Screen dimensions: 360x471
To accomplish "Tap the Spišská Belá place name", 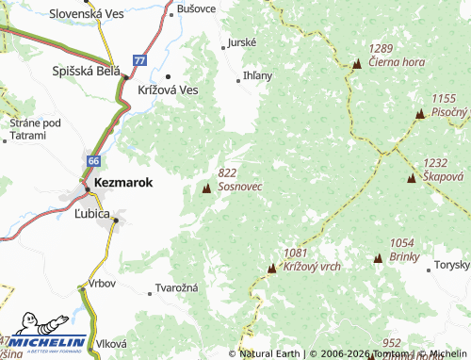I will pos(87,71).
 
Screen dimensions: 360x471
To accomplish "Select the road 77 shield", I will pos(139,59).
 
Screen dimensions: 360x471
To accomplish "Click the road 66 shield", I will pos(93,161).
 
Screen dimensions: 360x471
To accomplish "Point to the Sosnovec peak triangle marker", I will pos(206,189).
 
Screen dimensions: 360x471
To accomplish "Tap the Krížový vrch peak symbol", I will pos(272,269).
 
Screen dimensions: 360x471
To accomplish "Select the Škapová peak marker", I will pos(412,178).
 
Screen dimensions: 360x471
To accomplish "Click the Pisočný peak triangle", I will pos(420,114).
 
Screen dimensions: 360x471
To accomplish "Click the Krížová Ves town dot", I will pos(168,76).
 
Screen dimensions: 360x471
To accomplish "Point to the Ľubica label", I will pos(92,215).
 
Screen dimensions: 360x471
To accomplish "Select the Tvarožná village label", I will pos(175,291).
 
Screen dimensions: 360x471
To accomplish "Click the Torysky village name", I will pos(450,265).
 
